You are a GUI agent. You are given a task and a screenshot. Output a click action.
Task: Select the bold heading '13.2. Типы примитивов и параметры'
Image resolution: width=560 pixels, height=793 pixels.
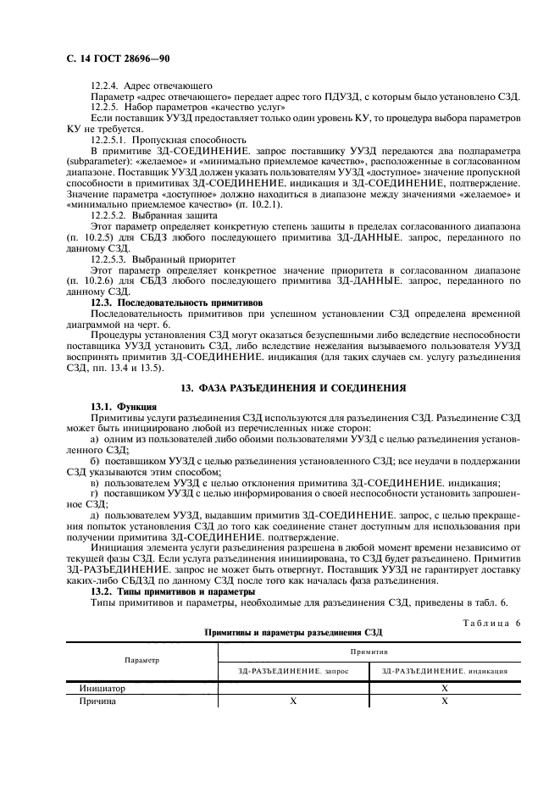pos(173,590)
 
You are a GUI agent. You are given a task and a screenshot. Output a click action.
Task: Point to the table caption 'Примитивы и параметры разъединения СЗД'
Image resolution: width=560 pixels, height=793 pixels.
pos(292,632)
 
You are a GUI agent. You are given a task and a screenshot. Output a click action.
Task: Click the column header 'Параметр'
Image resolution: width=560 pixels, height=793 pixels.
pos(141,658)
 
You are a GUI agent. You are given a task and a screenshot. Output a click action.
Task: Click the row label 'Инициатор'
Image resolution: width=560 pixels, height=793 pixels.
pos(102,689)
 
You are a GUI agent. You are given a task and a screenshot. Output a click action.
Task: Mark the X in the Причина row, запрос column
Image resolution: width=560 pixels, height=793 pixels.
pos(293,701)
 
